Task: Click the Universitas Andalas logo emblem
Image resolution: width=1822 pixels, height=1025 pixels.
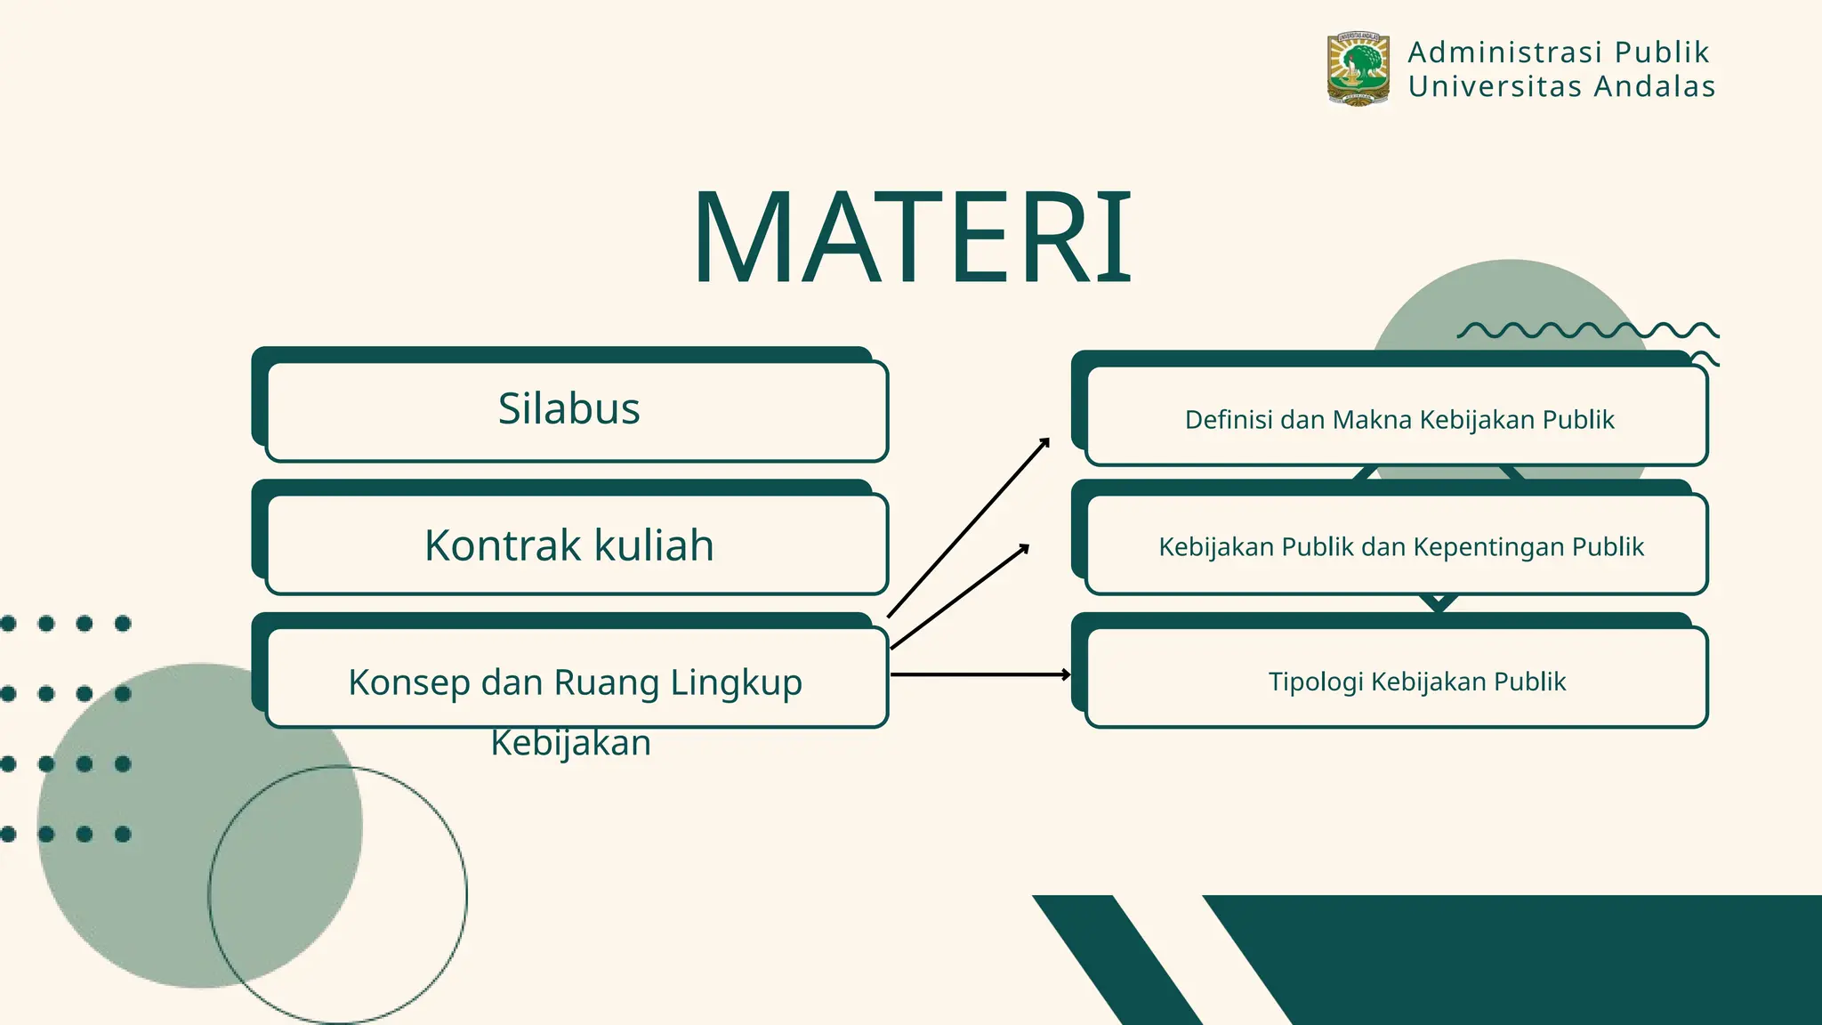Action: pyautogui.click(x=1358, y=69)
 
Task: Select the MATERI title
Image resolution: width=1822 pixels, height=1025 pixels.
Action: pyautogui.click(x=912, y=238)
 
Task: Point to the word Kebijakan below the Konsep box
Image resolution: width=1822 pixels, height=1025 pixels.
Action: pyautogui.click(x=571, y=743)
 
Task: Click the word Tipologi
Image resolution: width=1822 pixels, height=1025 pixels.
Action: pyautogui.click(x=1315, y=682)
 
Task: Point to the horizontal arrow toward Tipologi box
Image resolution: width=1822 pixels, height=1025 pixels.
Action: pyautogui.click(x=979, y=675)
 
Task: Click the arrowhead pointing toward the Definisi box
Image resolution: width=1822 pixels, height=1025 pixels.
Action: pyautogui.click(x=1045, y=442)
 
